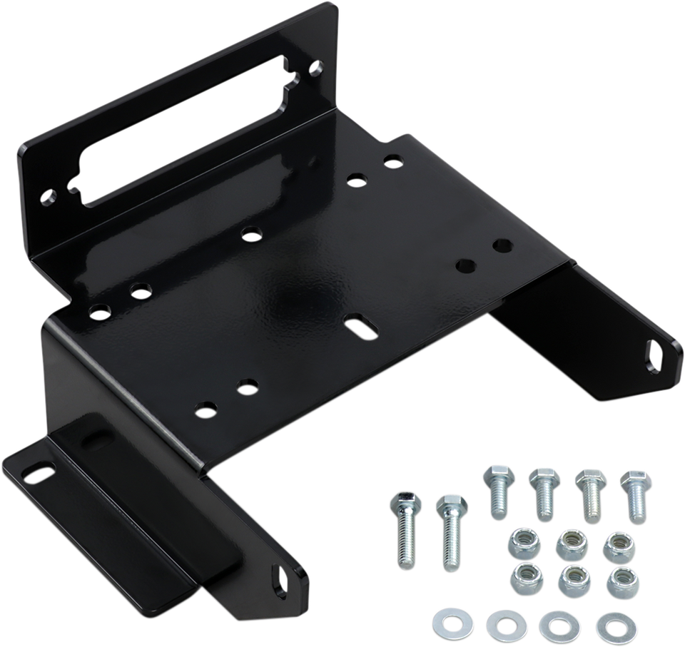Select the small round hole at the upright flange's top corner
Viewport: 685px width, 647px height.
[x=315, y=69]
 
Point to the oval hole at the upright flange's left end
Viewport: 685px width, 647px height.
[x=48, y=195]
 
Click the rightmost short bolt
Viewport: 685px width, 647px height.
[x=632, y=495]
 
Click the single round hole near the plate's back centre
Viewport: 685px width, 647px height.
[x=250, y=233]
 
